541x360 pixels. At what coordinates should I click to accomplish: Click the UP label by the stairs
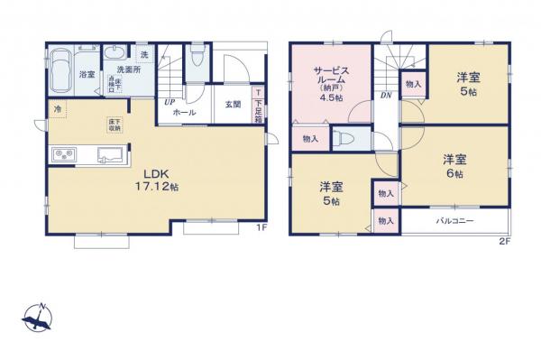(x=169, y=101)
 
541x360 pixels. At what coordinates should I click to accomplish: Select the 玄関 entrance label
(x=233, y=105)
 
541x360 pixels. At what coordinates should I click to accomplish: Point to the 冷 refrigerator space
(x=57, y=110)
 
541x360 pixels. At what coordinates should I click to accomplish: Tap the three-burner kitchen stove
(x=63, y=155)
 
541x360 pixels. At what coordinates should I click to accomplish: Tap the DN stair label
(x=385, y=96)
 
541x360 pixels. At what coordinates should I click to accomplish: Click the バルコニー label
(x=455, y=220)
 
